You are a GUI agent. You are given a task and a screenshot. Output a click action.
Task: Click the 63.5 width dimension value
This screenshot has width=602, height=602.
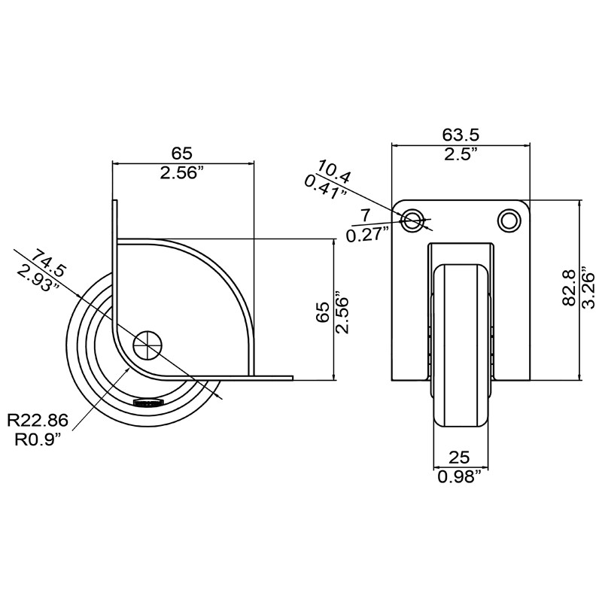tap(461, 135)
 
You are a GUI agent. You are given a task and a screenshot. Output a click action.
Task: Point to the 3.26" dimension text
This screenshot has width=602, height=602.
tap(588, 289)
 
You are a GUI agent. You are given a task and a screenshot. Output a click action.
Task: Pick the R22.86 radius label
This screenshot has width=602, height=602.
tap(38, 420)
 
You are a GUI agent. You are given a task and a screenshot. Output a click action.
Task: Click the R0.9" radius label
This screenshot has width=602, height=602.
tap(38, 439)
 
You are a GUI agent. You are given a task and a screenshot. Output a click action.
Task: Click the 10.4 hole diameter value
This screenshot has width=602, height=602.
tap(334, 172)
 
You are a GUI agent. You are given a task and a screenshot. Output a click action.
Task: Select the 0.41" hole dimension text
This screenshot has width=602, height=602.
tap(325, 187)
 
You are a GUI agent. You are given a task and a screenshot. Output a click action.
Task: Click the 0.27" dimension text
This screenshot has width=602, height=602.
tap(366, 235)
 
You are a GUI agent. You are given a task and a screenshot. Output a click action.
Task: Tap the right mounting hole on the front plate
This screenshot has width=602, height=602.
tap(509, 220)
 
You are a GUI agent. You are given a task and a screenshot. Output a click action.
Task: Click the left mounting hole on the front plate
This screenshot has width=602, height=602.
tap(412, 220)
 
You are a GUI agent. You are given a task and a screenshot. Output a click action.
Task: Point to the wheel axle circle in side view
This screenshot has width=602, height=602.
tap(147, 345)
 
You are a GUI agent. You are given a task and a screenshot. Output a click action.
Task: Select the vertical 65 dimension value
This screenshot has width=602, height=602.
tap(324, 310)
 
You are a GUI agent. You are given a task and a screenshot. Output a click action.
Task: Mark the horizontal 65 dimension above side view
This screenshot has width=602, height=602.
tap(181, 154)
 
